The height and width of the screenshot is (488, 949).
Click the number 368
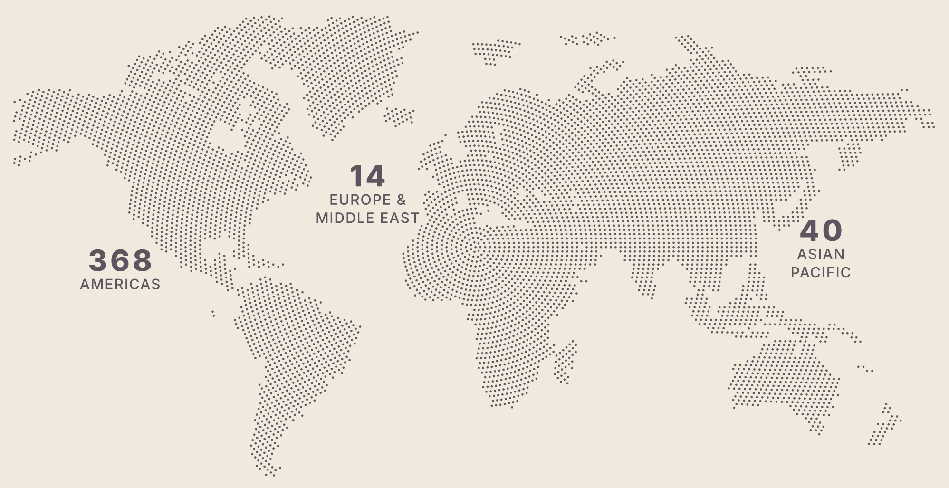(x=120, y=260)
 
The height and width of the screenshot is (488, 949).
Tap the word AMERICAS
(x=120, y=284)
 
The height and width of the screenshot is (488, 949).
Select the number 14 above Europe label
(x=367, y=176)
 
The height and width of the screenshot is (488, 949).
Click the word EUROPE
(x=360, y=200)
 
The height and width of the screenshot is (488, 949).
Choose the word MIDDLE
(x=345, y=218)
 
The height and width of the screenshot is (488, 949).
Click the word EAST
(x=400, y=218)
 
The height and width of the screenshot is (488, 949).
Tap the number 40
(x=821, y=231)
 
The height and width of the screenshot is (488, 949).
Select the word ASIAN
(x=821, y=254)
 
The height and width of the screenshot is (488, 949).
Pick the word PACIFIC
(x=821, y=272)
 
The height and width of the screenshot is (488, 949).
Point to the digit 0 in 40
(x=833, y=231)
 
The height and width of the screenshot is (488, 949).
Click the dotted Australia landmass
(x=784, y=380)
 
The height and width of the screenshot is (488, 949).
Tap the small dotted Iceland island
(x=399, y=116)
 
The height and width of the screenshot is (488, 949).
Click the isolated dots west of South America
(x=213, y=313)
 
